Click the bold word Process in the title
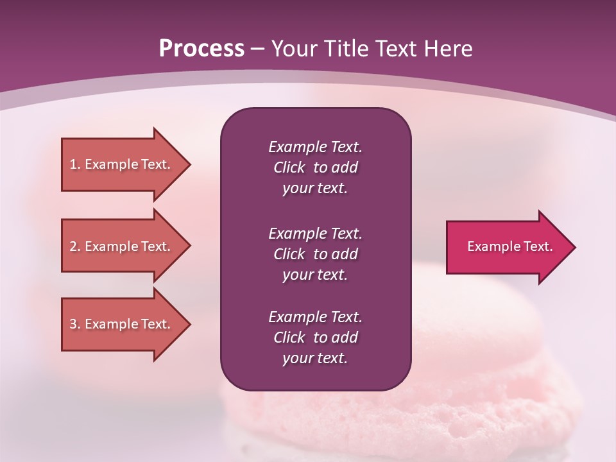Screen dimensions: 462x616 [x=201, y=49]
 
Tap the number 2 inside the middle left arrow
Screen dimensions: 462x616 [x=73, y=246]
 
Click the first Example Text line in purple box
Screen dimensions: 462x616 [x=315, y=147]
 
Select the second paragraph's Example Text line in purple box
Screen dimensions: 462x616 [x=315, y=234]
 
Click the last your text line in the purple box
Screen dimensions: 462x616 [x=315, y=358]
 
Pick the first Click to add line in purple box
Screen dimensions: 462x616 [x=315, y=167]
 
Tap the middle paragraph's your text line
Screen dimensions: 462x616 [x=315, y=275]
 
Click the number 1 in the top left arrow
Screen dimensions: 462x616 [x=73, y=164]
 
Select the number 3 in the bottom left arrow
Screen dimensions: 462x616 [x=73, y=324]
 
